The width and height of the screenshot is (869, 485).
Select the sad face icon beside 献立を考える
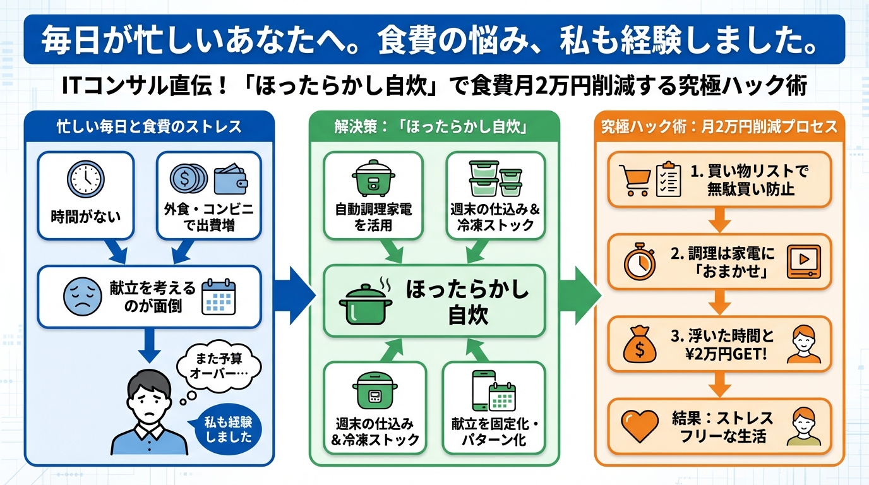point(81,295)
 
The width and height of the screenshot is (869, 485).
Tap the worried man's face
point(148,396)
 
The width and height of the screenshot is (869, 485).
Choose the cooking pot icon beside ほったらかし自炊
point(365,302)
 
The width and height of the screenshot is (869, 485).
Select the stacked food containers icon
point(496,178)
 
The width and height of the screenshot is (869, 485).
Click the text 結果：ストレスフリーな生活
point(722,427)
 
